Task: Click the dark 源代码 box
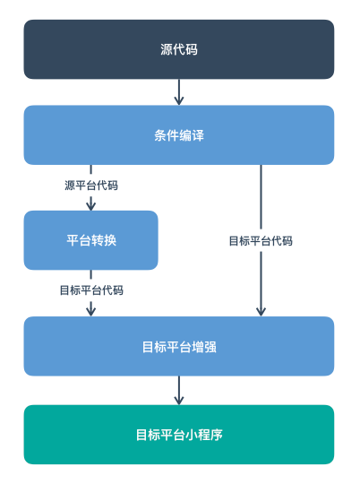point(179,49)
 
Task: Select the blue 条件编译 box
point(179,135)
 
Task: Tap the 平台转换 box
point(90,240)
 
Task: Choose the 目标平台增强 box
point(179,346)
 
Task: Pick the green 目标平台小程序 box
point(179,435)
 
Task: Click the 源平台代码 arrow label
point(90,186)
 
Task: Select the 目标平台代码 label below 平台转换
point(90,290)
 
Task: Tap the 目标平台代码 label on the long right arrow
point(261,241)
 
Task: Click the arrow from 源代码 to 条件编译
point(179,91)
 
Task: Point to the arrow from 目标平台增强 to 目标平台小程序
point(179,390)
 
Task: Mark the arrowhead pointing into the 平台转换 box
point(90,204)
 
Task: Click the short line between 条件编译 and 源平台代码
point(90,170)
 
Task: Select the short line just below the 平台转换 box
point(90,275)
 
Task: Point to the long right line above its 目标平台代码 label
point(261,197)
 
